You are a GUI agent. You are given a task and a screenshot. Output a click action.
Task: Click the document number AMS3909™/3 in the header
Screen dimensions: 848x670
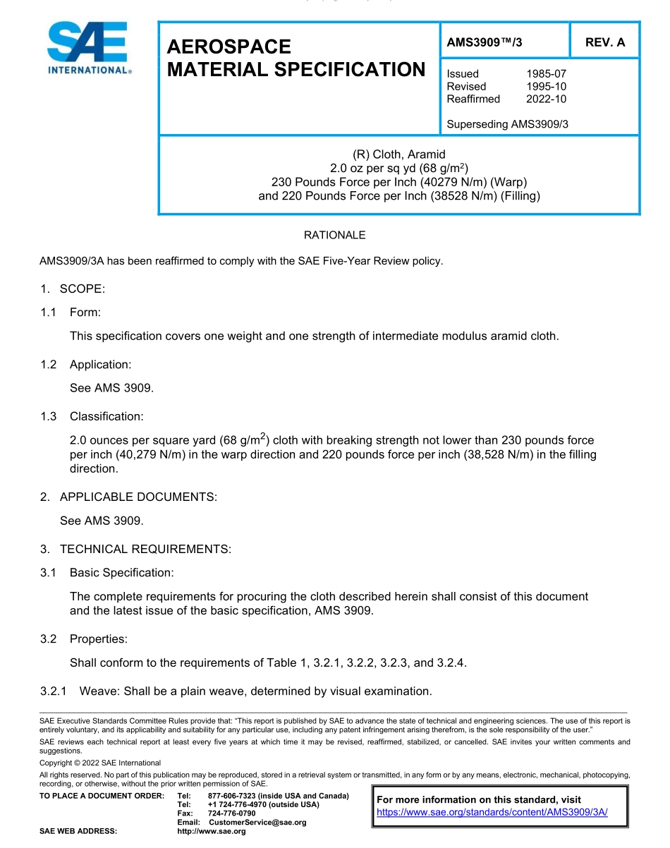[485, 42]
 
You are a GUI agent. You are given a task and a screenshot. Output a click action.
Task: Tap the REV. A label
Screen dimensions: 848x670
[605, 42]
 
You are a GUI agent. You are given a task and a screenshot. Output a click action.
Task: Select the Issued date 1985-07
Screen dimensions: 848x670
[546, 74]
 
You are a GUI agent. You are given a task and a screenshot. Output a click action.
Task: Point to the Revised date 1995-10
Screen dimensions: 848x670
[546, 87]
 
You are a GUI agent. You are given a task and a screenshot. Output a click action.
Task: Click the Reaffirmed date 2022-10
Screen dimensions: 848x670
[546, 99]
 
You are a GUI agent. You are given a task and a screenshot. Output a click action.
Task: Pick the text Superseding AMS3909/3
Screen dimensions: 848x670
[507, 124]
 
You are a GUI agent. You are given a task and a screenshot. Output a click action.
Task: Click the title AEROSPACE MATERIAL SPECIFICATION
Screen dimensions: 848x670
[296, 58]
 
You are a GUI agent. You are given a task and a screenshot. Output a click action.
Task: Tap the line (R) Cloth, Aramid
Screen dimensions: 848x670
[398, 155]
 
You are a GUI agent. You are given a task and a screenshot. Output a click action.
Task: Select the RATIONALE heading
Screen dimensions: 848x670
[334, 235]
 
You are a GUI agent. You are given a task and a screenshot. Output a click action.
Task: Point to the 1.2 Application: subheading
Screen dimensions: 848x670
[86, 365]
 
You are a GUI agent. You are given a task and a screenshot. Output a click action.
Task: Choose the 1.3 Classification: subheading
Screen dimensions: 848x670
[92, 417]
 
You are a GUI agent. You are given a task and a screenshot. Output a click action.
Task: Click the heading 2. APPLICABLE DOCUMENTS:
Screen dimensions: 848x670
[128, 497]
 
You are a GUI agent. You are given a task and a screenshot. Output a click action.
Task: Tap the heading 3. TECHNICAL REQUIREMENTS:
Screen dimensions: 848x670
[135, 549]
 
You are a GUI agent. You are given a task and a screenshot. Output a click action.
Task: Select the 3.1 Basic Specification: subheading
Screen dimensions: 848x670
[107, 573]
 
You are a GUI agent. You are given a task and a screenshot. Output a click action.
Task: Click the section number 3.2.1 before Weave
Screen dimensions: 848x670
[54, 691]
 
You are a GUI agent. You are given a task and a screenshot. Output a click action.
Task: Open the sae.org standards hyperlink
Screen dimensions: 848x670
[492, 812]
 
